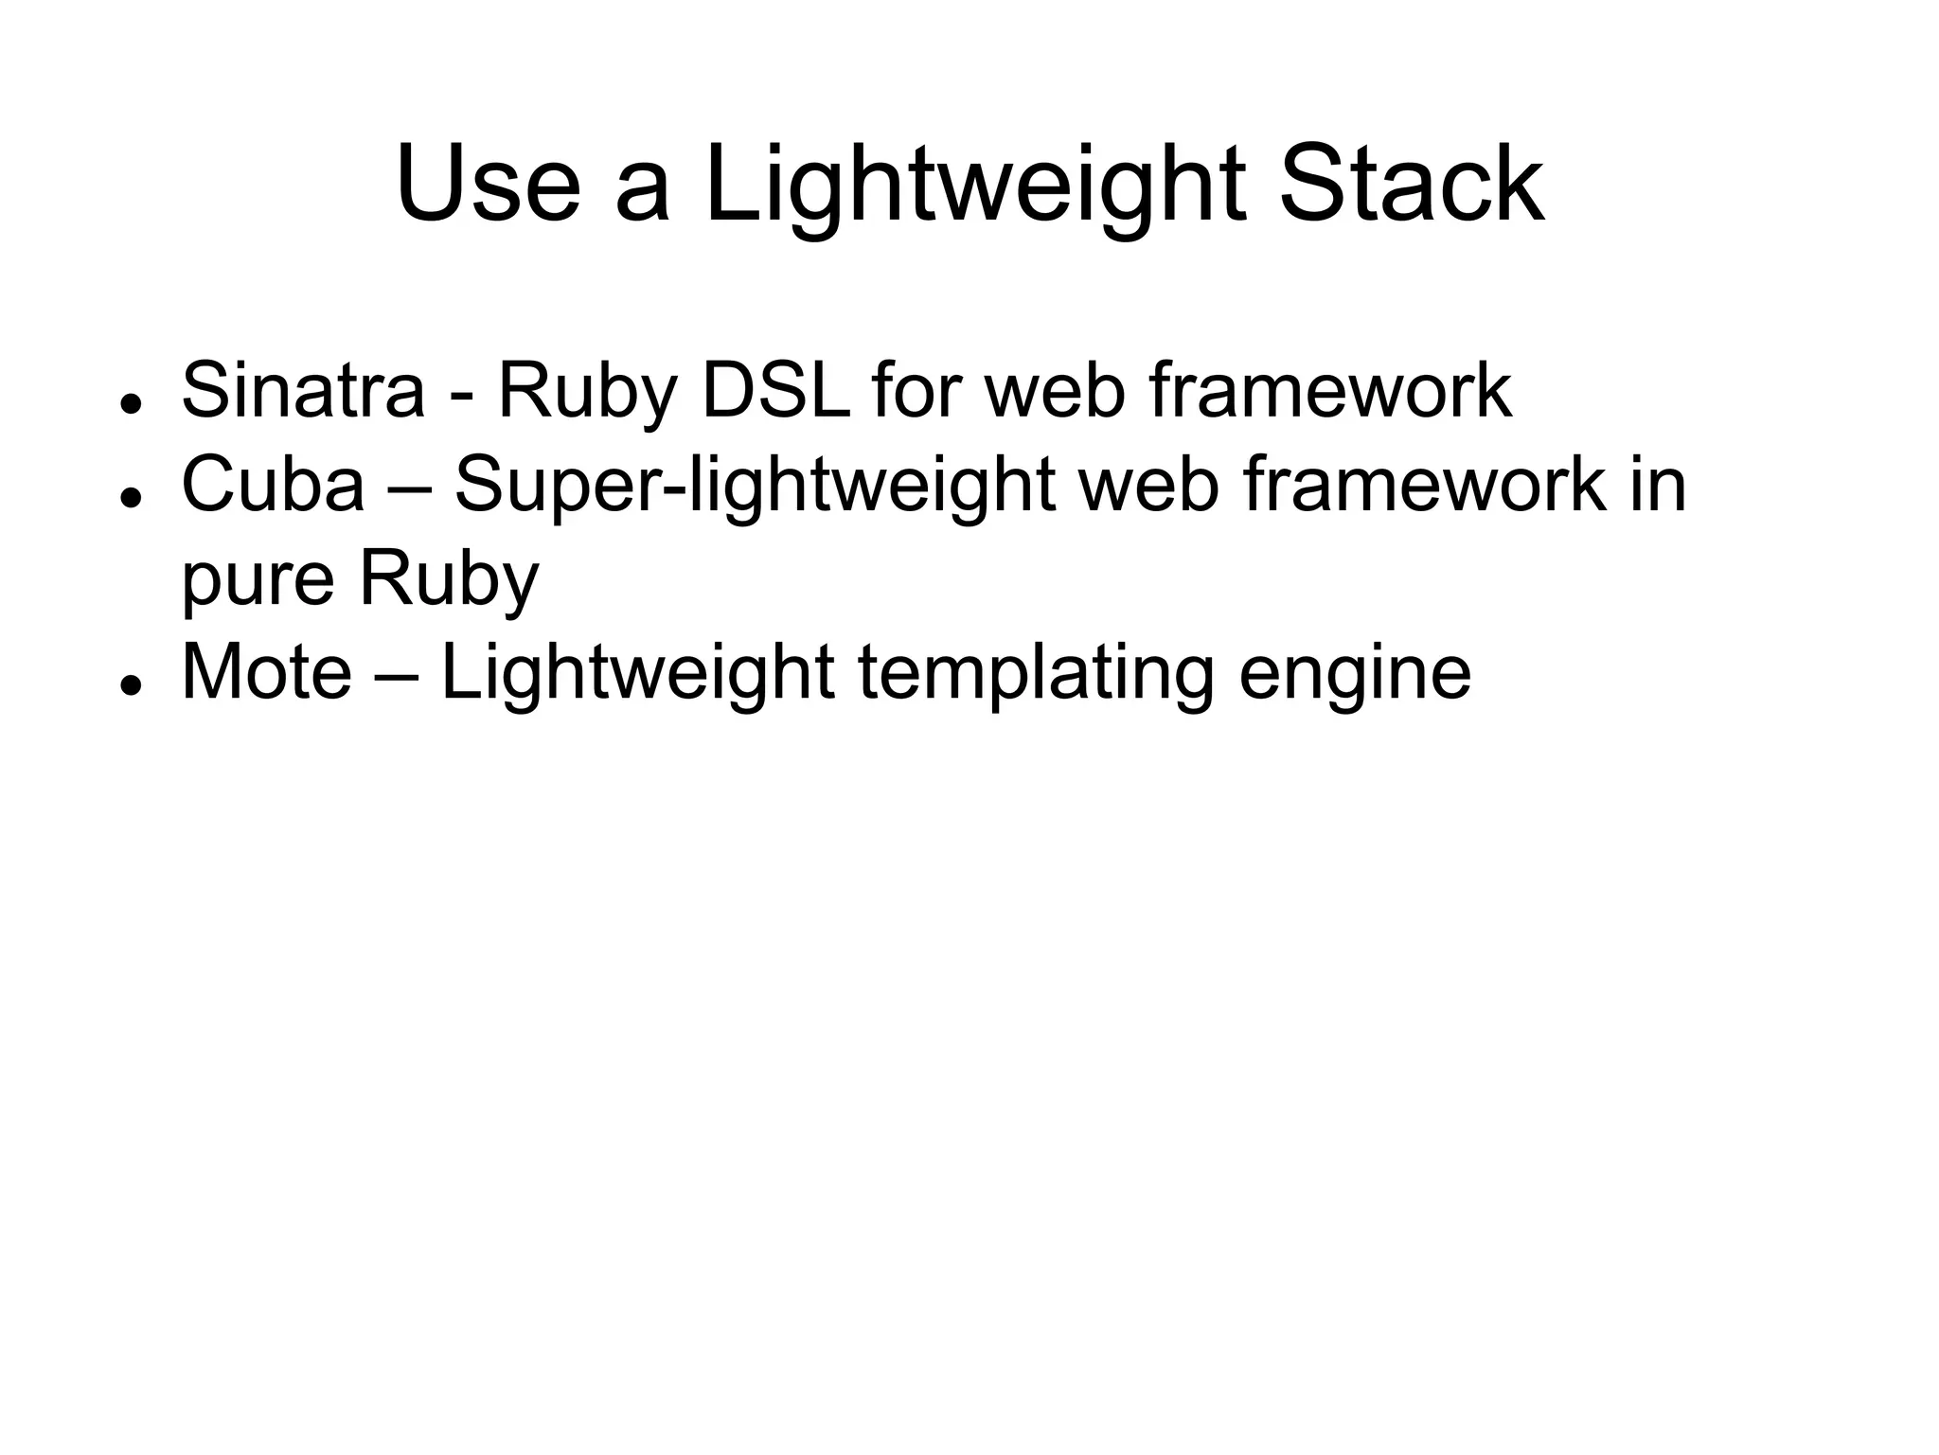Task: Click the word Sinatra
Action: [303, 390]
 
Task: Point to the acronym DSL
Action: [775, 390]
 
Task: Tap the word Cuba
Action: [273, 485]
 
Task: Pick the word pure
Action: [258, 582]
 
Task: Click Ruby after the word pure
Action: [449, 582]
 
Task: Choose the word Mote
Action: [266, 673]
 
